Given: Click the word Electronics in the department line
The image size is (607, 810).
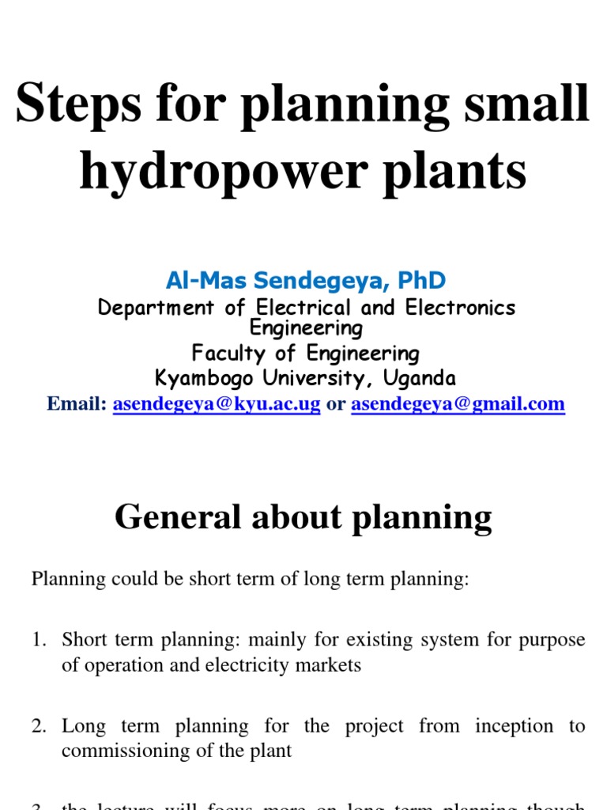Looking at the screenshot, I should tap(461, 308).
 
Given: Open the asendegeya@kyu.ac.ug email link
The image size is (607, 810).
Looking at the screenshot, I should tap(217, 404).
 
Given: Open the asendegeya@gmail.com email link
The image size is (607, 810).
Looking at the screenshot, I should tap(458, 404).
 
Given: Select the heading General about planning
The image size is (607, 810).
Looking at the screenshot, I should tap(303, 517).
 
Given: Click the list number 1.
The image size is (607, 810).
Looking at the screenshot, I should tap(38, 639).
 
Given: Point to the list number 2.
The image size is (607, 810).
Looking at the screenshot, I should tap(38, 726).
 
